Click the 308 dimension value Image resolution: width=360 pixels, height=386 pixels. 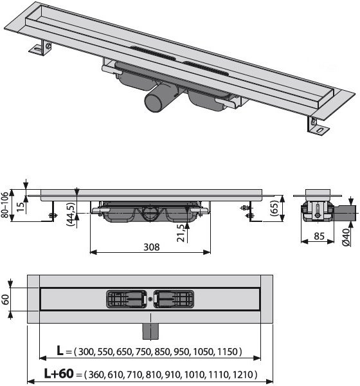coord(151,247)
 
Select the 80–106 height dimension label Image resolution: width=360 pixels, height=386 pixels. coord(5,205)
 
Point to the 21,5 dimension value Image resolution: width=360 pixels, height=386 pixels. coord(181,233)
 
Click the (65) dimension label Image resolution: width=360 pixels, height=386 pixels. coord(274,208)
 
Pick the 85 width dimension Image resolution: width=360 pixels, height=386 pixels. coord(319,236)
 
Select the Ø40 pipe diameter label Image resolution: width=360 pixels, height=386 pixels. coord(346,237)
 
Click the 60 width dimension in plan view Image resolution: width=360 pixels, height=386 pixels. coord(5,299)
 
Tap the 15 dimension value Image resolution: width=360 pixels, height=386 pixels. coord(21,207)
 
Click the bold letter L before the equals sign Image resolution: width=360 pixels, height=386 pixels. coord(60,351)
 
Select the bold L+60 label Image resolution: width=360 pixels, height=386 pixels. coord(59,373)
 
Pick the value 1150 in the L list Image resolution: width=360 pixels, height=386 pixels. coord(227,351)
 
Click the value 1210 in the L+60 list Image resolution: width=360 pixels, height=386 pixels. coord(242,374)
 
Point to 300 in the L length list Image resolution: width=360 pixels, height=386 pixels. coord(86,351)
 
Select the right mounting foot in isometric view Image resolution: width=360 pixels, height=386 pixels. coord(318,126)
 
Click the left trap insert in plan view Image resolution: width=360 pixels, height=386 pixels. coord(127,299)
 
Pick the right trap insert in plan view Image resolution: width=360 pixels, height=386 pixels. coord(174,299)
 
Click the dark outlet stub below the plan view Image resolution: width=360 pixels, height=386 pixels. coord(150,331)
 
